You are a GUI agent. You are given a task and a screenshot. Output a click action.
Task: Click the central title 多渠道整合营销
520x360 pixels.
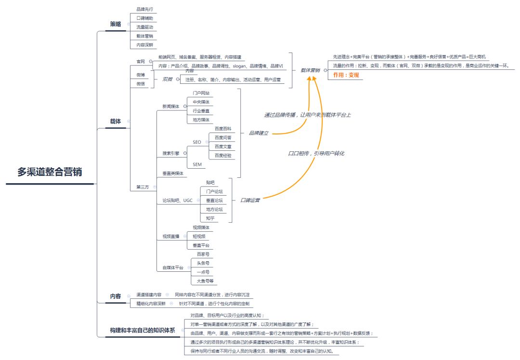pyautogui.click(x=50, y=173)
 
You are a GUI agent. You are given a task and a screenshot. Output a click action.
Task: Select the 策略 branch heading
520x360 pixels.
pyautogui.click(x=116, y=24)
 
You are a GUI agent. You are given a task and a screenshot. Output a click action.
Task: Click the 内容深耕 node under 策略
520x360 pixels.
pyautogui.click(x=144, y=45)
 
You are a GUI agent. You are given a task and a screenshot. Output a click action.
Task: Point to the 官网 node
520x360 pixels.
pyautogui.click(x=141, y=61)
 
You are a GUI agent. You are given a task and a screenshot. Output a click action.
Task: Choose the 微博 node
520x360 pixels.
pyautogui.click(x=141, y=75)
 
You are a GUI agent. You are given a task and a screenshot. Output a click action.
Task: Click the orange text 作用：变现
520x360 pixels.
pyautogui.click(x=346, y=75)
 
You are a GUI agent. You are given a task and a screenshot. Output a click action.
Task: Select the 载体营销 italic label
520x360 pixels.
pyautogui.click(x=310, y=70)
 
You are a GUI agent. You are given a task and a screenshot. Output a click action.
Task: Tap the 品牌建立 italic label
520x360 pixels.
pyautogui.click(x=259, y=133)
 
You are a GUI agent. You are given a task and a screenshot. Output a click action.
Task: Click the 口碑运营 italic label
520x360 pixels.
pyautogui.click(x=250, y=200)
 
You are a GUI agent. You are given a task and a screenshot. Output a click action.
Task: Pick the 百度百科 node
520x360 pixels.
pyautogui.click(x=223, y=129)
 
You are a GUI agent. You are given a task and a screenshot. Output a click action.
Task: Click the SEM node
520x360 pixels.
pyautogui.click(x=197, y=164)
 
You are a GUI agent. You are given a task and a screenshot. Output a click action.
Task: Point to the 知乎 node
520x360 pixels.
pyautogui.click(x=210, y=218)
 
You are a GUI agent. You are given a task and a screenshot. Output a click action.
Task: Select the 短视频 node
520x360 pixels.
pyautogui.click(x=199, y=236)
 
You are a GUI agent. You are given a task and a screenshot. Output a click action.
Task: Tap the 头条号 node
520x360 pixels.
pyautogui.click(x=203, y=263)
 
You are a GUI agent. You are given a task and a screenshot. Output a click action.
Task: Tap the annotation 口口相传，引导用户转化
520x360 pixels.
pyautogui.click(x=316, y=153)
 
